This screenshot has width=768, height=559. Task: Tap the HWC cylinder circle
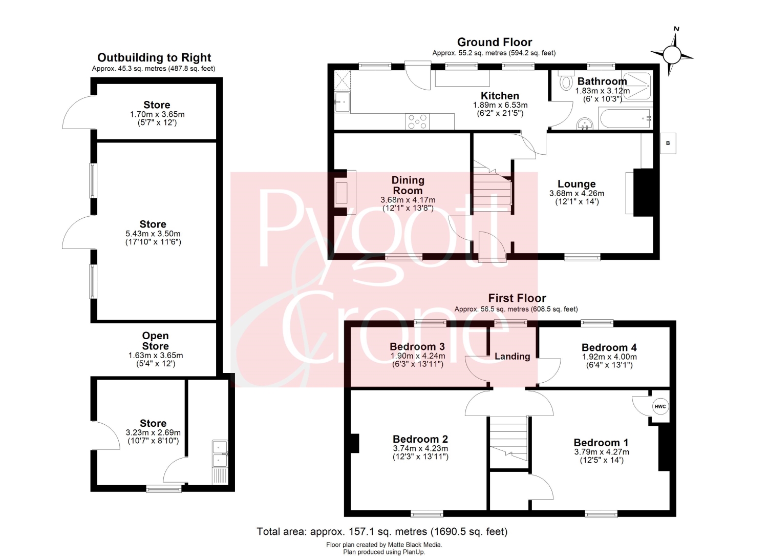[x=660, y=407]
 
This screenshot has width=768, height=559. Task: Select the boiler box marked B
[x=668, y=143]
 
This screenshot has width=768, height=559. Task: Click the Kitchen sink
[x=342, y=102]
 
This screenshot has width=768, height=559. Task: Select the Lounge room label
[x=577, y=184]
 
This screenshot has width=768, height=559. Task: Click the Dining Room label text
[x=408, y=185]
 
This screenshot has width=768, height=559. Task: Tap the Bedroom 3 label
[x=417, y=346]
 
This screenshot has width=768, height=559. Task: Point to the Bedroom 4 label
[x=609, y=347]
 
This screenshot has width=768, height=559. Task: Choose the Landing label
[x=512, y=356]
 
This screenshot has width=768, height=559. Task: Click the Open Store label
[x=155, y=341]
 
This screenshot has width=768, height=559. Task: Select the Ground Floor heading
[x=495, y=42]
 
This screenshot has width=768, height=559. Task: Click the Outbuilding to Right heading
[x=154, y=57]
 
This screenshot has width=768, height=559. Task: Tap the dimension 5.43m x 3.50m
[x=153, y=234]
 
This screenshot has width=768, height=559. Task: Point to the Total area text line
[x=382, y=531]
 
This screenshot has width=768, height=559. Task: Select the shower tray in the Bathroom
[x=637, y=86]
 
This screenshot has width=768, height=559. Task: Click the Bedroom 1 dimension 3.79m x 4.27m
[x=602, y=452]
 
